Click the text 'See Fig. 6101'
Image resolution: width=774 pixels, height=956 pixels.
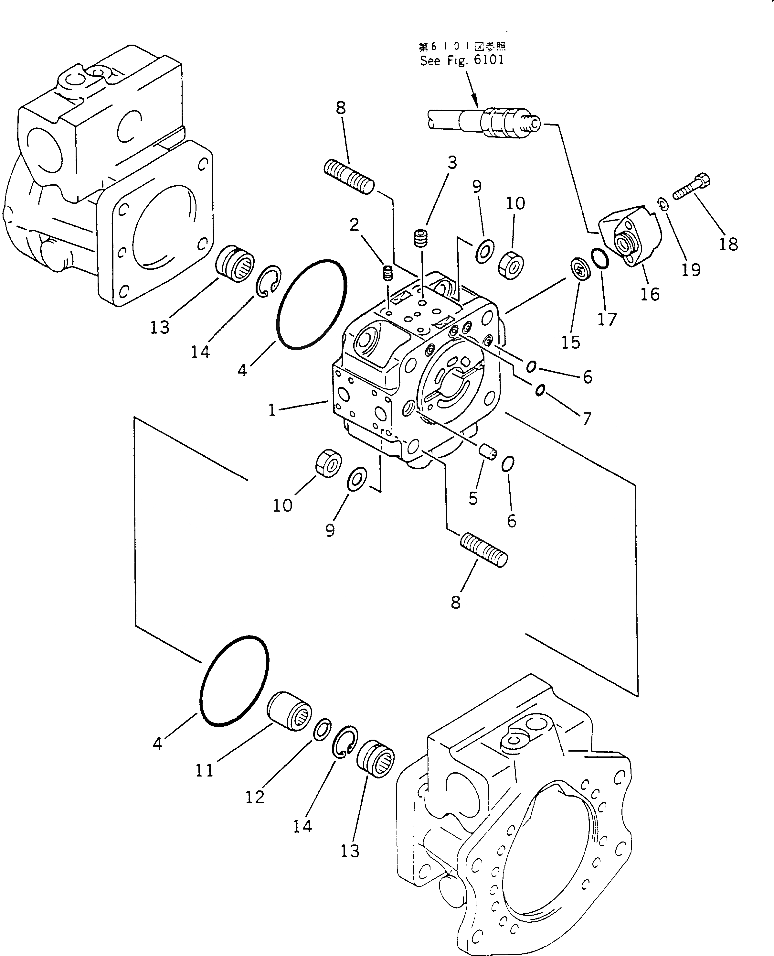pos(462,60)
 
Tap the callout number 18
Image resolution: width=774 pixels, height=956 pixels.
pos(728,244)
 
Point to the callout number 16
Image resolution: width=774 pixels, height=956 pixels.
pos(650,294)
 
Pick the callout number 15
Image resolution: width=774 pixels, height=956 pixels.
pos(571,342)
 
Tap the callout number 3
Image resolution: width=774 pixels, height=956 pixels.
pos(452,163)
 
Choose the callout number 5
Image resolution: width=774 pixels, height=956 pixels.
pos(473,498)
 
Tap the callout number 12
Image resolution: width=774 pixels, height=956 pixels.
pos(255,797)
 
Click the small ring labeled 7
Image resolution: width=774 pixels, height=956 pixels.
pos(539,390)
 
